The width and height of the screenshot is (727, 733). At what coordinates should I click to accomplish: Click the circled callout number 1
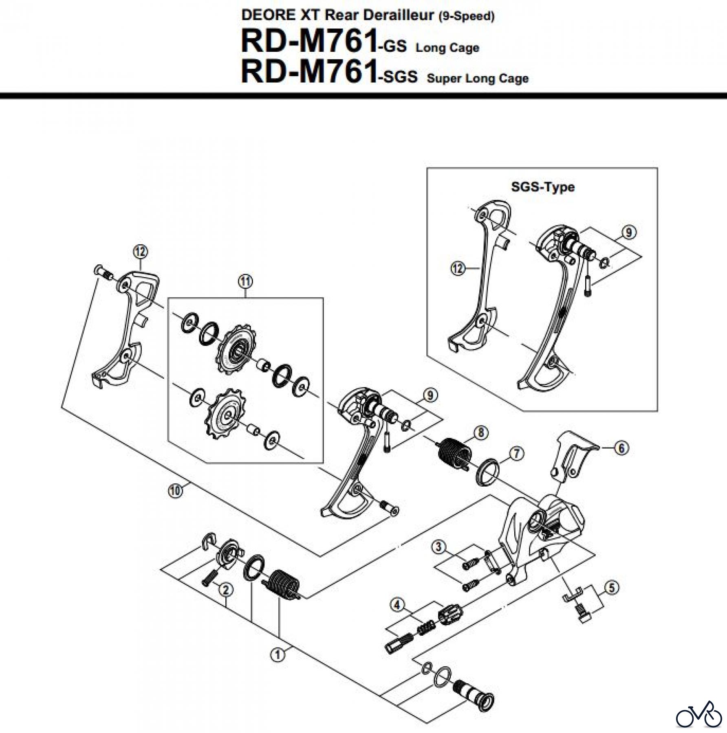coord(278,655)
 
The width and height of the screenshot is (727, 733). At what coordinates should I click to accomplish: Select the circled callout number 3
coord(438,546)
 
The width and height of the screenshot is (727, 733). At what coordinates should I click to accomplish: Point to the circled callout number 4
coord(397,605)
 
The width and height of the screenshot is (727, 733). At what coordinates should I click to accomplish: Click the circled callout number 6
coord(621,448)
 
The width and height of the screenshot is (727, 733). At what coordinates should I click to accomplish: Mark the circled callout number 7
coord(516,453)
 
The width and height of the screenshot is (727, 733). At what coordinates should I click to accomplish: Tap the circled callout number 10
coord(175,491)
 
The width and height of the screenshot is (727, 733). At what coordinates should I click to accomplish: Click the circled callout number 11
coord(245,281)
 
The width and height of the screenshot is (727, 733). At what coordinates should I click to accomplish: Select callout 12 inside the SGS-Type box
coord(458,268)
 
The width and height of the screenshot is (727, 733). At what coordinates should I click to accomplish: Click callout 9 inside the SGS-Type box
coord(629,233)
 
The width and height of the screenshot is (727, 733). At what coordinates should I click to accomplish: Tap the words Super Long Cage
coord(478,78)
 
